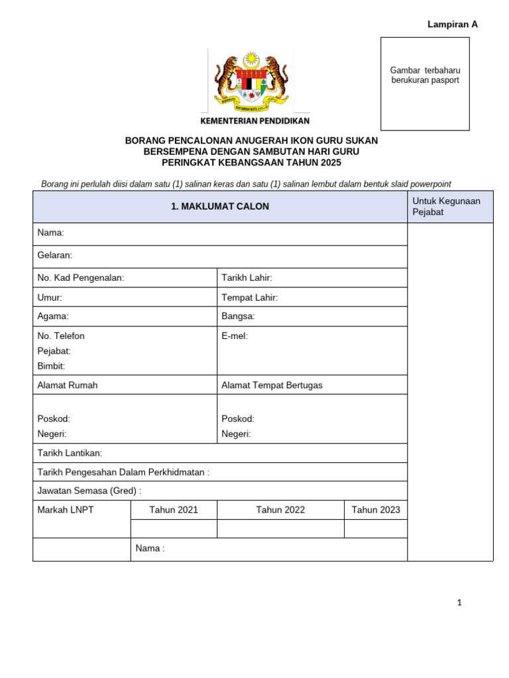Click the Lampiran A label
(x=453, y=24)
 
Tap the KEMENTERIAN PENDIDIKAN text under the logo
(x=255, y=121)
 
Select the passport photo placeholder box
(x=425, y=83)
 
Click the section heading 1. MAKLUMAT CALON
(x=220, y=207)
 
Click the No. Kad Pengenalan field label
(x=81, y=277)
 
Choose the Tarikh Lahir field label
(x=247, y=277)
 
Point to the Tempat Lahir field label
(x=249, y=297)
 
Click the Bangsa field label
(x=238, y=316)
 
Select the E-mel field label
(x=235, y=336)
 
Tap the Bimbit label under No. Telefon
(x=51, y=365)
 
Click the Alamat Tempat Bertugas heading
(x=272, y=385)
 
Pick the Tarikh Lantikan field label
(x=70, y=453)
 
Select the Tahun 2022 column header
(x=280, y=510)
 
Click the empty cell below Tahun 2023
(x=376, y=528)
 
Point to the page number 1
(x=458, y=603)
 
